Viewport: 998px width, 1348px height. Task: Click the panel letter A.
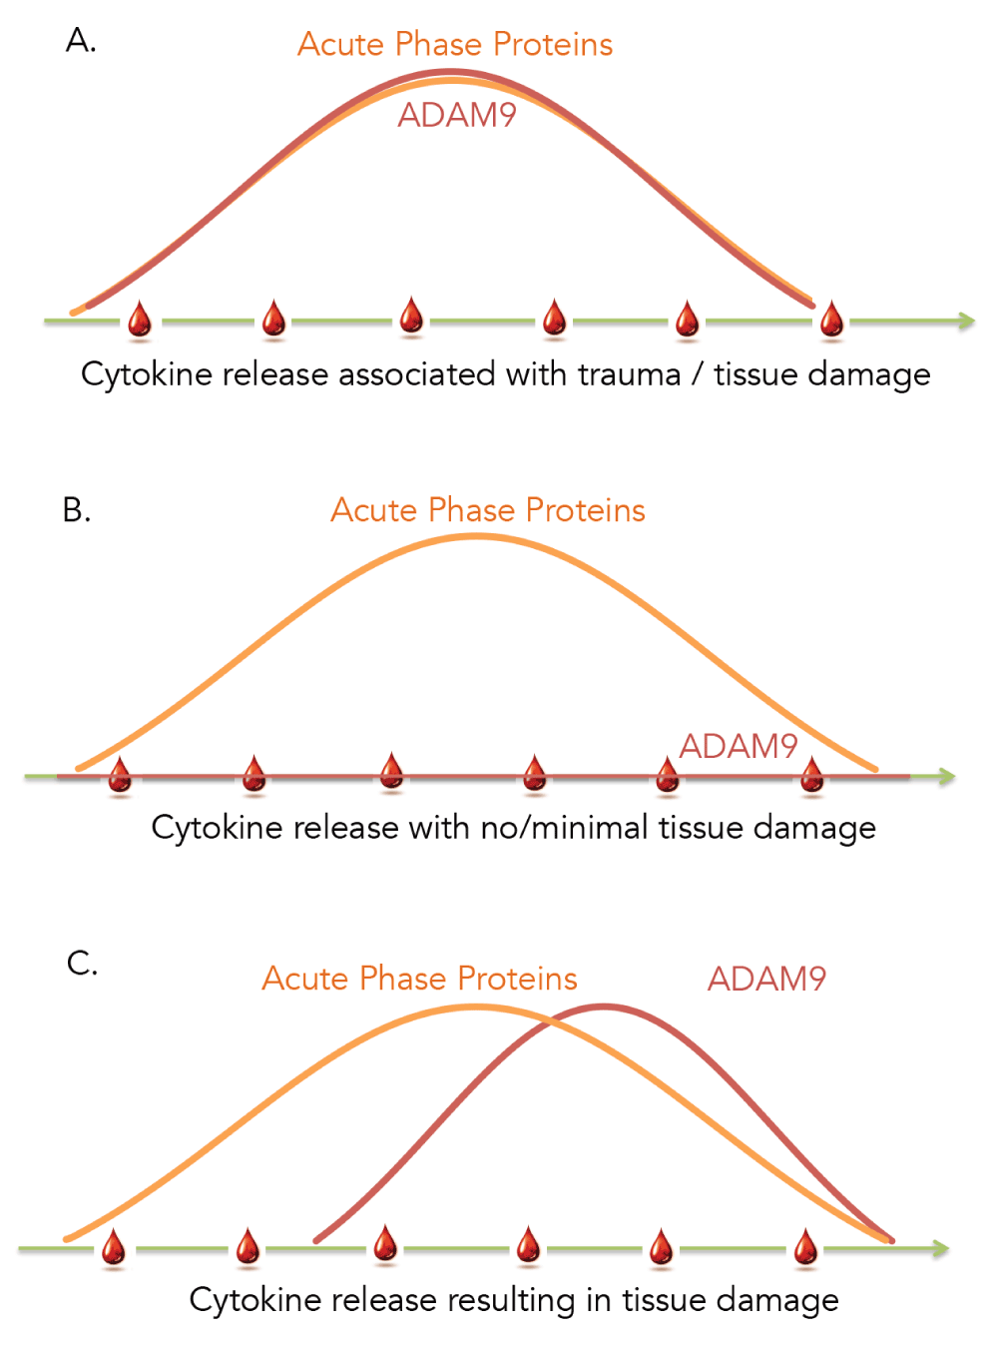coord(80,41)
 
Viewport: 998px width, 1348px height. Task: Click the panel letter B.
coord(77,509)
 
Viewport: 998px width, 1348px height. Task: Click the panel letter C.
coord(82,963)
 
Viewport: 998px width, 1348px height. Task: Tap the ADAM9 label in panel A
coord(457,115)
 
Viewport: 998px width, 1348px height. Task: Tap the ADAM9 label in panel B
coord(739,746)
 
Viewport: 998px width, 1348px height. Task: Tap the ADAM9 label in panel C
coord(766,979)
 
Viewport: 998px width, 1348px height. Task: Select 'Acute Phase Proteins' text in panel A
coord(455,44)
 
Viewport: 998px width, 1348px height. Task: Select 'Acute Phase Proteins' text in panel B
coord(488,509)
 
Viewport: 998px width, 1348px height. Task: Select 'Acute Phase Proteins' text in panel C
coord(420,978)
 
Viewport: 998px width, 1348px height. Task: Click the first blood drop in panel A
coord(140,320)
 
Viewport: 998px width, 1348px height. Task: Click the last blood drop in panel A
coord(831,319)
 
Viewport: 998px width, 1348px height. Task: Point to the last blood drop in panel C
coord(805,1246)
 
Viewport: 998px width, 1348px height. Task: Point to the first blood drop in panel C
coord(113,1246)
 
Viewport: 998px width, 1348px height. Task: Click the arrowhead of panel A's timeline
coord(966,321)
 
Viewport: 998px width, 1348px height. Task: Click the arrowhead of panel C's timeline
coord(940,1248)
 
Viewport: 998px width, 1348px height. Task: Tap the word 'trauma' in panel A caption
coord(629,373)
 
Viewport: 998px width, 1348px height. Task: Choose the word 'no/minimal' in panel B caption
coord(564,827)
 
